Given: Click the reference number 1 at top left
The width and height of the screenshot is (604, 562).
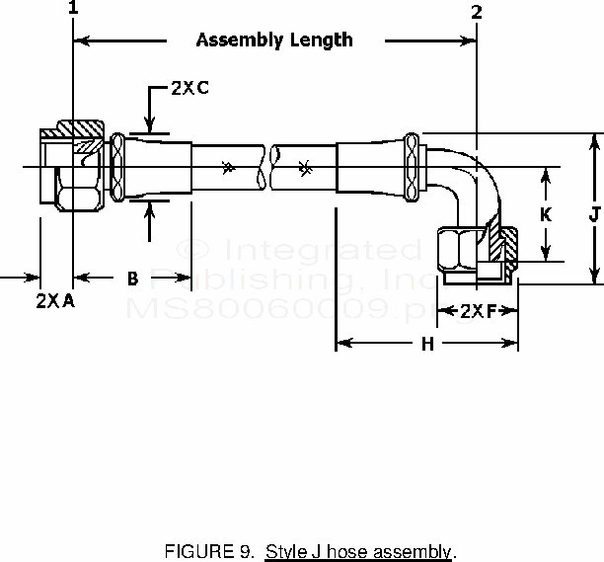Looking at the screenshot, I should [x=73, y=10].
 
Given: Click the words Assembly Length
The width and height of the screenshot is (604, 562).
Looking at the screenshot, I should [x=273, y=40].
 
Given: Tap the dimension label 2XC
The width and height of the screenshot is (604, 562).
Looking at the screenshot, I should [x=189, y=88].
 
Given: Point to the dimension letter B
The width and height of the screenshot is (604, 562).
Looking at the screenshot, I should [x=132, y=280].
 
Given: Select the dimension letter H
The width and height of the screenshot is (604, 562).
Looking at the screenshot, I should [x=427, y=344].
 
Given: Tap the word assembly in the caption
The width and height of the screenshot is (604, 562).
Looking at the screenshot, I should [x=415, y=551].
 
